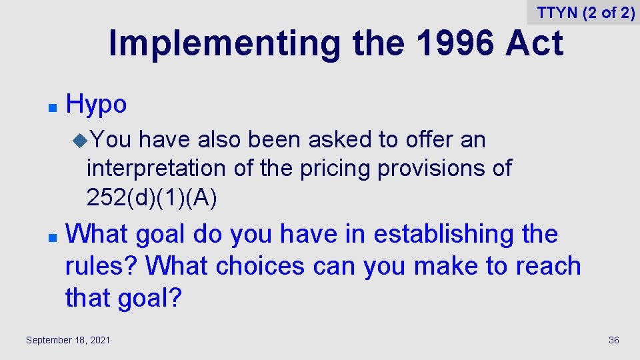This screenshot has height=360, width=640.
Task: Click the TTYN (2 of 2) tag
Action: click(585, 13)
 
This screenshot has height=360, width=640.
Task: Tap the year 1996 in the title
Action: click(455, 43)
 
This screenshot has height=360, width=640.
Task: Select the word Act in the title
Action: click(534, 43)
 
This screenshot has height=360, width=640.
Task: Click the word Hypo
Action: click(96, 105)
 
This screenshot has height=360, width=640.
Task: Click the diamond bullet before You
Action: click(81, 140)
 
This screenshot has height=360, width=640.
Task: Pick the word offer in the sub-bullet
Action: click(425, 139)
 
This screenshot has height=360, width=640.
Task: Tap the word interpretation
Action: click(157, 168)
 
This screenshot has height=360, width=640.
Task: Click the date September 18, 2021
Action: click(68, 341)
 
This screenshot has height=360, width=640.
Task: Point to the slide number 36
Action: click(613, 341)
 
